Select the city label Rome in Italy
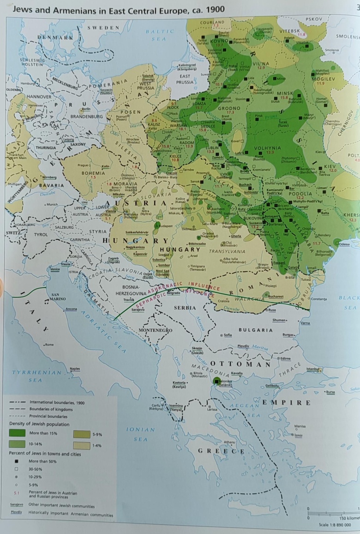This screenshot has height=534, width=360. (49, 344)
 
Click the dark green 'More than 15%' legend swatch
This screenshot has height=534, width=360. (17, 433)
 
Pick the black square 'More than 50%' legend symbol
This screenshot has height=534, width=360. (17, 461)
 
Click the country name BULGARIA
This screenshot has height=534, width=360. (256, 330)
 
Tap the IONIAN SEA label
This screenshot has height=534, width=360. (140, 434)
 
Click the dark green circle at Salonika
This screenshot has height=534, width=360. (217, 381)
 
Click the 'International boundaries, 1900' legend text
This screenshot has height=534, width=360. (57, 402)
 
